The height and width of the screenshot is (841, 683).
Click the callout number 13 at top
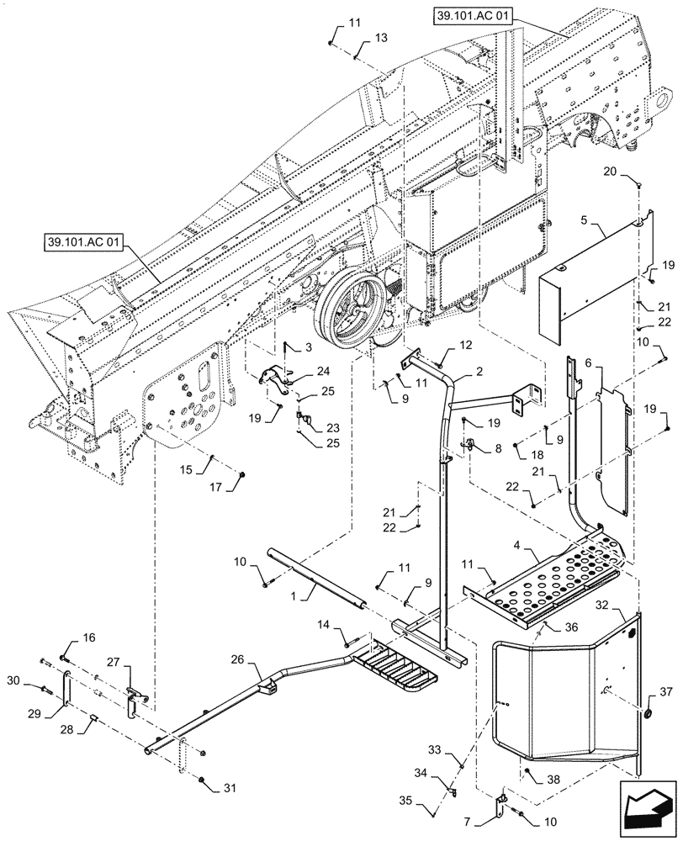(x=381, y=39)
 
